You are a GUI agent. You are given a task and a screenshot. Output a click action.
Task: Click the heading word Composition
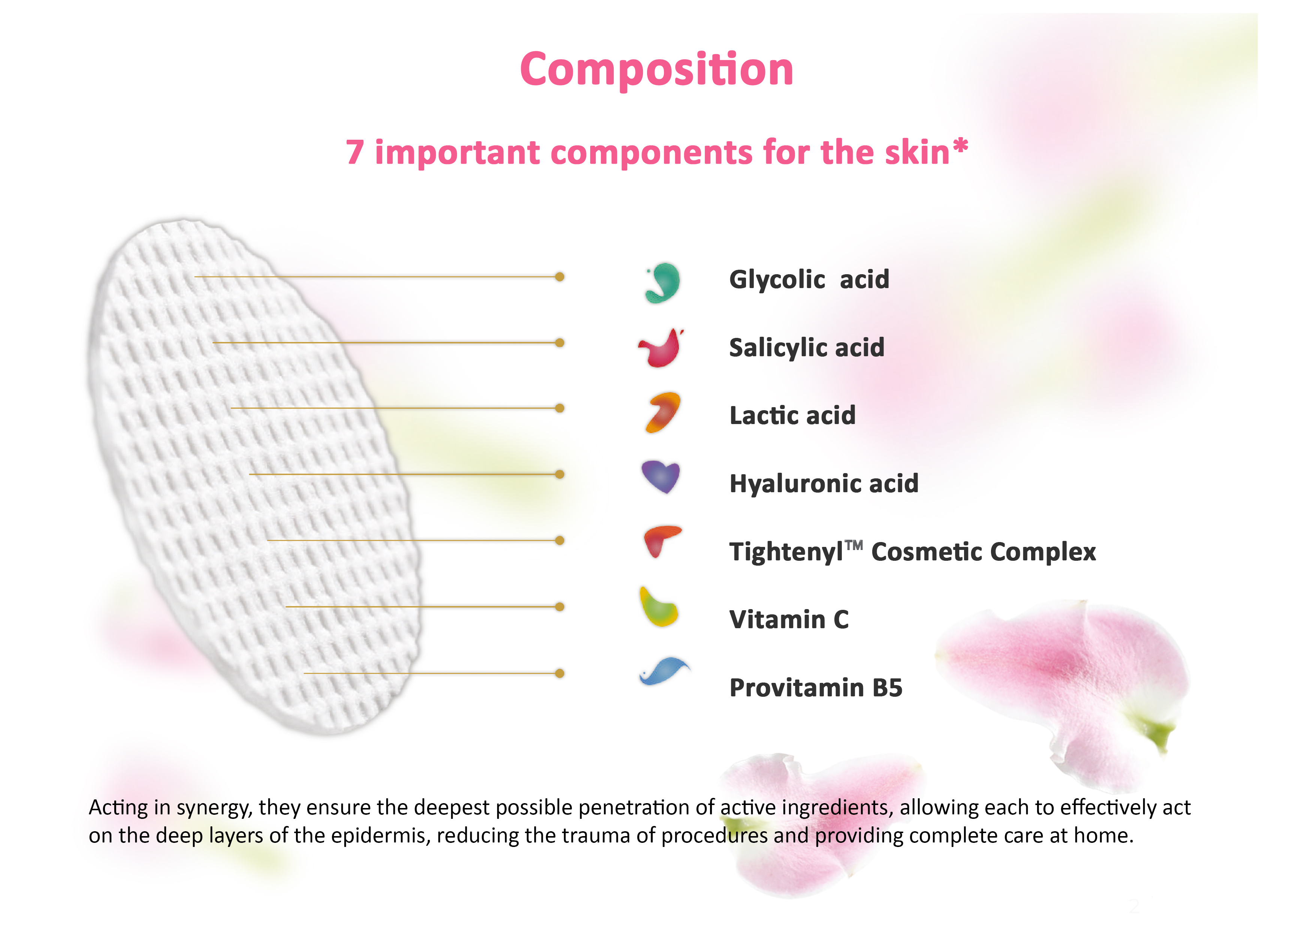click(x=656, y=69)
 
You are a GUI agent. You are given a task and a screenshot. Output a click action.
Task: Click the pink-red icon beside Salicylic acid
click(x=661, y=348)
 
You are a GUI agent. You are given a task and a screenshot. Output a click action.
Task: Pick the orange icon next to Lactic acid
click(x=663, y=412)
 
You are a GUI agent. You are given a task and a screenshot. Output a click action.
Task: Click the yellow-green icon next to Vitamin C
click(x=658, y=607)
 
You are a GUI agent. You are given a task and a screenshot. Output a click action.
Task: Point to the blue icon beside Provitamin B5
click(x=664, y=671)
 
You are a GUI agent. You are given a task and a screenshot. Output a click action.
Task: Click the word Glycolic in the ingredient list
click(x=777, y=280)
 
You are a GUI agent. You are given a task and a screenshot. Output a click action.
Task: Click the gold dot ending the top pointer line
click(x=560, y=277)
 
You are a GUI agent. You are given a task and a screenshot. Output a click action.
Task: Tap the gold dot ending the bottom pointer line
click(x=560, y=673)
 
